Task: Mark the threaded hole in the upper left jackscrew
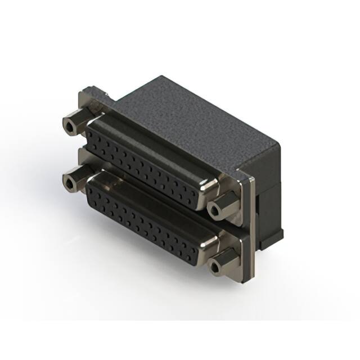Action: (69, 127)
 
